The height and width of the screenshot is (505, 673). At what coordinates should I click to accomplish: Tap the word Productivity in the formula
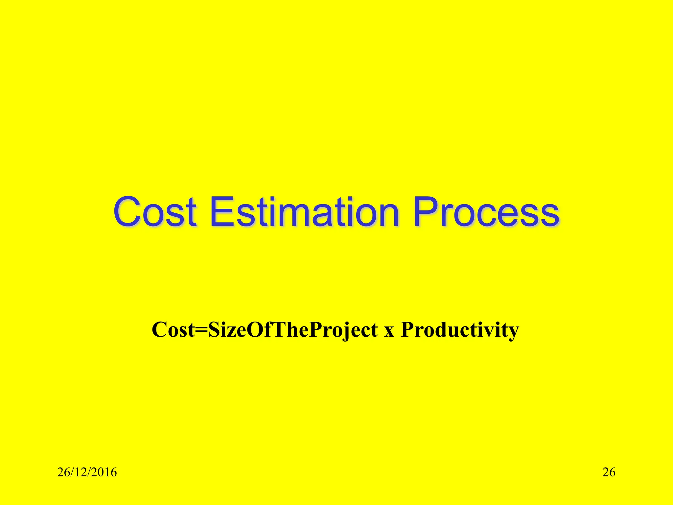(x=460, y=330)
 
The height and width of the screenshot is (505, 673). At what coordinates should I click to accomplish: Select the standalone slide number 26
(x=609, y=472)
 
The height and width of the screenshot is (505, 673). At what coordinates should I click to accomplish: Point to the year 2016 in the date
(x=104, y=472)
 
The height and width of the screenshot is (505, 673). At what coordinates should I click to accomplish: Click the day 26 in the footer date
(x=63, y=472)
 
